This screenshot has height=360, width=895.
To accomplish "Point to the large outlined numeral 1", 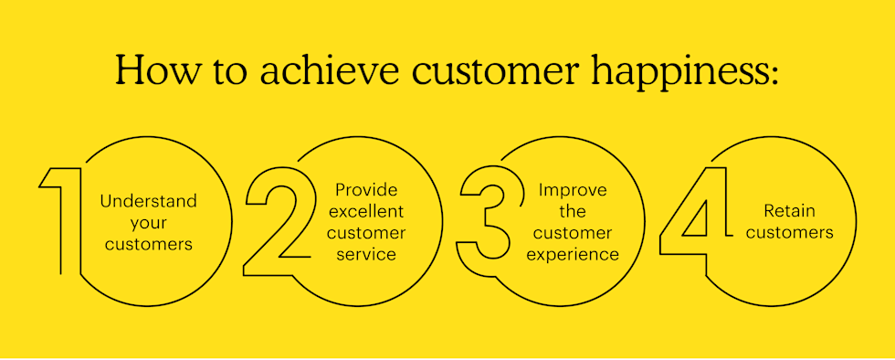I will (x=61, y=220).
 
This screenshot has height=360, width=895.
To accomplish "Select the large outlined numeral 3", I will (x=484, y=220).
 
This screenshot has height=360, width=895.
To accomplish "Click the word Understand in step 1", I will (x=148, y=200).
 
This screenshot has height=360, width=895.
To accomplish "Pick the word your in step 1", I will (x=148, y=222).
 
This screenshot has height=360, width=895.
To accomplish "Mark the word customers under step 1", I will (x=148, y=243).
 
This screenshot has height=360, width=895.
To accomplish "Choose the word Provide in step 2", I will (x=365, y=189).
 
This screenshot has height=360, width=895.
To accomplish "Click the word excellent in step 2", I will (x=365, y=211).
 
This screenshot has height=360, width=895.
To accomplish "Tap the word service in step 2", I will (x=365, y=254).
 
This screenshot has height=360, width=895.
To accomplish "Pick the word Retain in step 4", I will (x=786, y=211).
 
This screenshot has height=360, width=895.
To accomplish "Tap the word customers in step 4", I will (x=786, y=232).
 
